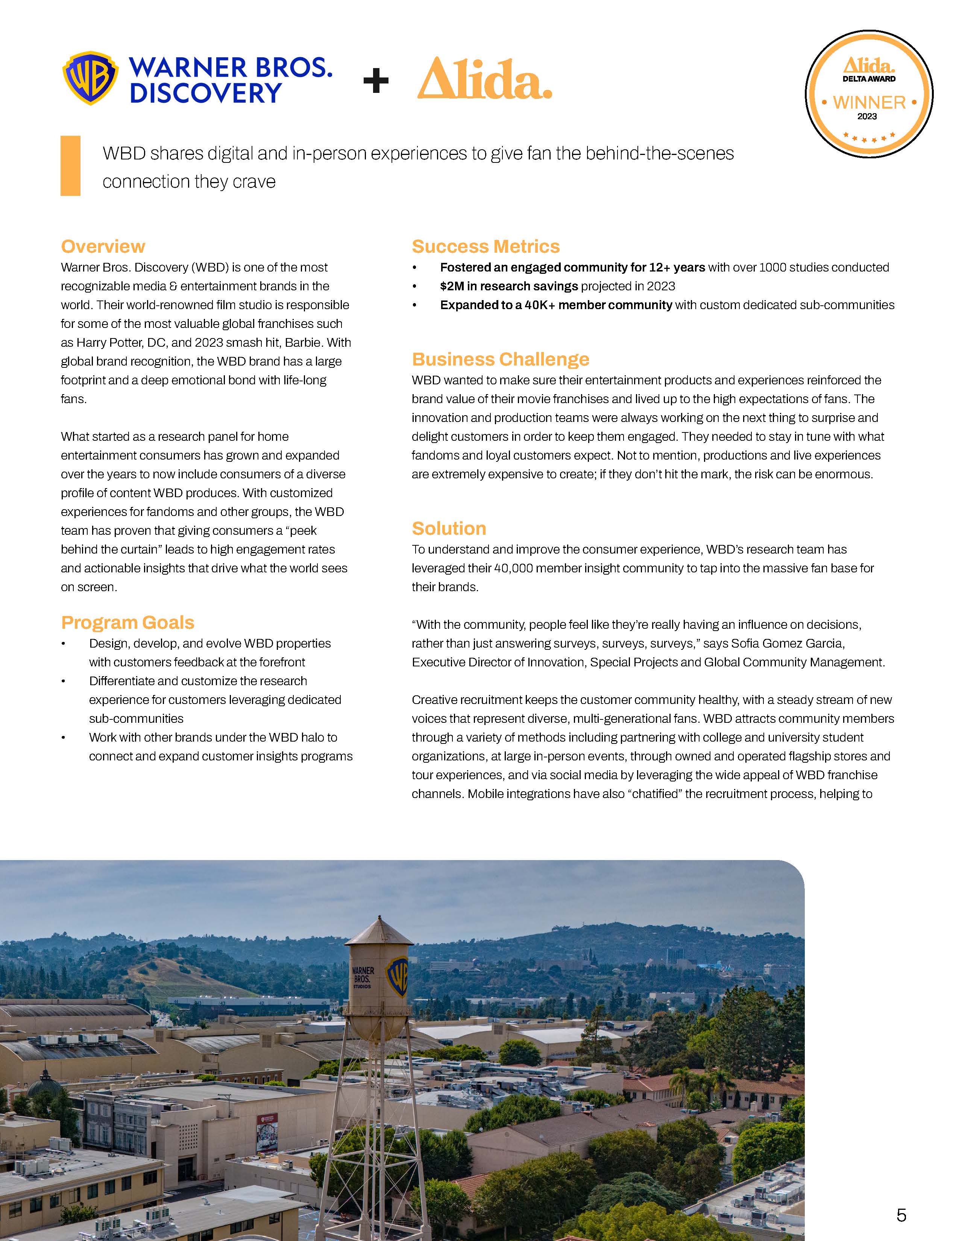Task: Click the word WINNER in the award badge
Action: (x=869, y=103)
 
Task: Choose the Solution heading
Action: (x=448, y=528)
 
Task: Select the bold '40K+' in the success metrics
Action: (x=539, y=305)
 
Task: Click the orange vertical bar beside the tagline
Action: (x=70, y=166)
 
